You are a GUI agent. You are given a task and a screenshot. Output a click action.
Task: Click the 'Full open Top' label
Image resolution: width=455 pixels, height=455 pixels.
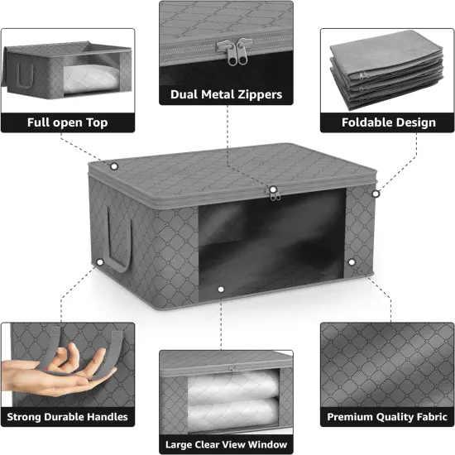[x=68, y=122]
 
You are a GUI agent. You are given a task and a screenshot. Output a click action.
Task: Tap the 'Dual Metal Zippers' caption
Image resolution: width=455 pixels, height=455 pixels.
[x=226, y=94]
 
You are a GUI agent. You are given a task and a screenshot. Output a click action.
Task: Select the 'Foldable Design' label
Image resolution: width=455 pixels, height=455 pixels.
[x=388, y=122]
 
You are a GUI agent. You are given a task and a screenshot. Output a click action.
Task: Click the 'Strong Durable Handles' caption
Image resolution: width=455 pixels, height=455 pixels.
[x=68, y=416]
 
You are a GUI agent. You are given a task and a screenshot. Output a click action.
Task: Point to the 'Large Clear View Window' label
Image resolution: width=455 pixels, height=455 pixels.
[x=226, y=445]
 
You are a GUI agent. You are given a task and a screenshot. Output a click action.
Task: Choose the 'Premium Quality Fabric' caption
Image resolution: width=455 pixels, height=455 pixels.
[x=388, y=416]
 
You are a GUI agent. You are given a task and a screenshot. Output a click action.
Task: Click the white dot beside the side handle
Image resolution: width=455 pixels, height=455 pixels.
[x=99, y=263]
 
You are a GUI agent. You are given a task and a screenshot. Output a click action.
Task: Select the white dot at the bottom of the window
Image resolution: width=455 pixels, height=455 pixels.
[x=221, y=290]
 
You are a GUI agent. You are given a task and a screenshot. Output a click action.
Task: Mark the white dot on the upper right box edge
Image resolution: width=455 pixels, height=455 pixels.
[x=376, y=194]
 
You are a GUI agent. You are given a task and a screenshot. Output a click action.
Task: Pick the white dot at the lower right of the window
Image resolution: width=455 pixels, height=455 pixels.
[x=352, y=262]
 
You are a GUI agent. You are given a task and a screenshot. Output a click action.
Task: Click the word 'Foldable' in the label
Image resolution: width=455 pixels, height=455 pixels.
[x=369, y=122]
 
